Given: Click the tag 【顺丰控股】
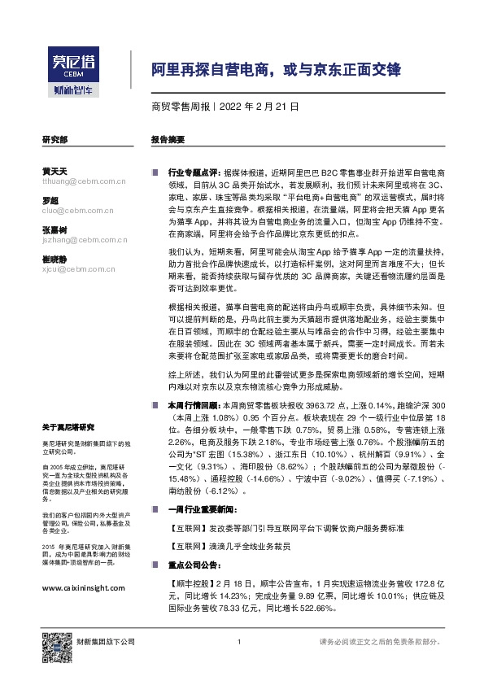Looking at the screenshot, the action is click(x=190, y=584).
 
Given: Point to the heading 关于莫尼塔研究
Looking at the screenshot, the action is click(x=69, y=428).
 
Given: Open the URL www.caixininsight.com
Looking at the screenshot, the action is click(x=84, y=587).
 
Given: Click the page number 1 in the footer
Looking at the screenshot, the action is click(x=238, y=643).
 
